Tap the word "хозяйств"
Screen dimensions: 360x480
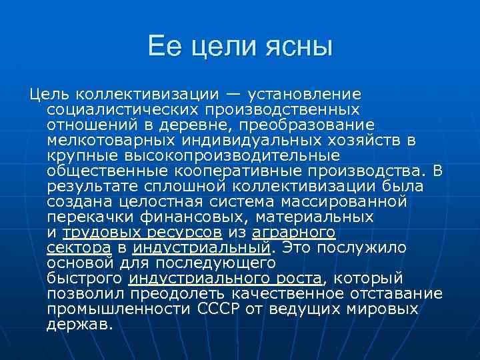(x=373, y=140)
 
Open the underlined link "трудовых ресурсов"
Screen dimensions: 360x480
(x=142, y=233)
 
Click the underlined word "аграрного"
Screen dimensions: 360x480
(x=293, y=233)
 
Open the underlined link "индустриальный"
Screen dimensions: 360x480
(x=201, y=248)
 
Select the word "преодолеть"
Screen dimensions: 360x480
(x=189, y=294)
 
